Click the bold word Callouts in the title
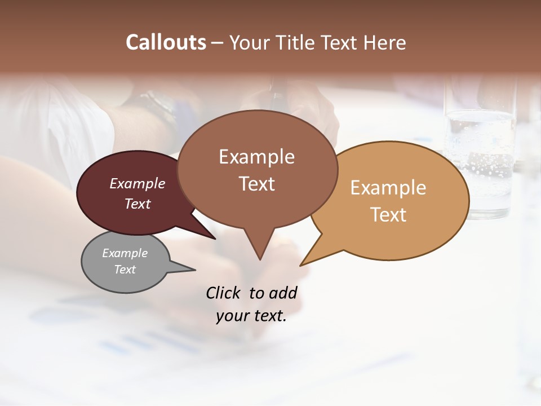point(166,42)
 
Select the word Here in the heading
point(385,42)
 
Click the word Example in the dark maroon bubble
point(138,183)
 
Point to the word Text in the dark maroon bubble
point(138,204)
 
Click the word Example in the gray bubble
point(125,253)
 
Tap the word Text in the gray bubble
point(125,270)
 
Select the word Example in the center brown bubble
point(256,157)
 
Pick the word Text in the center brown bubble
point(256,184)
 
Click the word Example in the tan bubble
point(388,188)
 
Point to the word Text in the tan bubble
point(388,215)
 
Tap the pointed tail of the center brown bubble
point(259,250)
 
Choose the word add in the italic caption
point(282,293)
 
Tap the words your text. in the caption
point(251,316)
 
